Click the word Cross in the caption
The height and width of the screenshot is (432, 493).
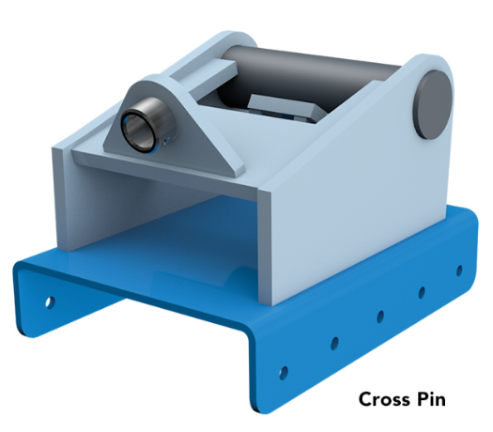pyautogui.click(x=385, y=399)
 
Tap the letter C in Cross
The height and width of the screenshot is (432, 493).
pyautogui.click(x=365, y=399)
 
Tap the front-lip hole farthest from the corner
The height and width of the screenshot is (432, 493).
pyautogui.click(x=459, y=270)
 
